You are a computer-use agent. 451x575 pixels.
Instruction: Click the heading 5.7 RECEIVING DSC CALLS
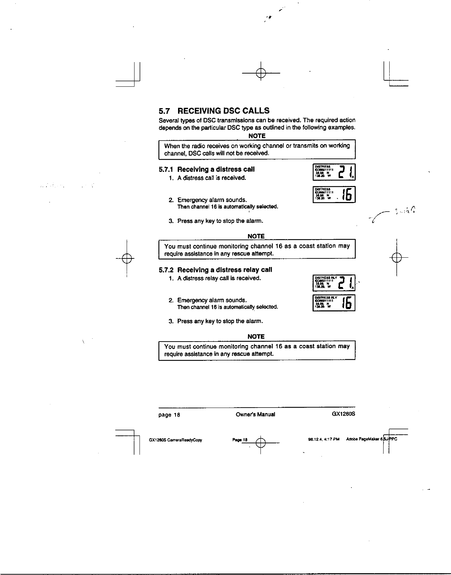[x=214, y=111]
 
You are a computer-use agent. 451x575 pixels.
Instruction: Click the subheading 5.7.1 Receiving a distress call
[x=207, y=169]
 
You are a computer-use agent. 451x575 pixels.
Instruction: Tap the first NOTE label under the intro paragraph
[x=257, y=136]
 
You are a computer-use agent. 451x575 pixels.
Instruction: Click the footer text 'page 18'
[x=169, y=415]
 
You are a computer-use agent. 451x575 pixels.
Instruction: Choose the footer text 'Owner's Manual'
[x=255, y=414]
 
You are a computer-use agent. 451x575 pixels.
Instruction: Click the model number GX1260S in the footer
[x=344, y=414]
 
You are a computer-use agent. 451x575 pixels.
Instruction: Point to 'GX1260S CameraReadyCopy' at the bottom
[x=175, y=440]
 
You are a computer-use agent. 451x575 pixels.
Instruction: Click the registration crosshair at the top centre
[x=261, y=73]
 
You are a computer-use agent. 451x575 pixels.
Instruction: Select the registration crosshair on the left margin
[x=127, y=257]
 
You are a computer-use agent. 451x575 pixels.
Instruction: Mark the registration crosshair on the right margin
[x=396, y=257]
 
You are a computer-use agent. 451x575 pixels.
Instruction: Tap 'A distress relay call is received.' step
[x=219, y=278]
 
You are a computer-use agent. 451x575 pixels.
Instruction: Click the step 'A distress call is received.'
[x=212, y=178]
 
